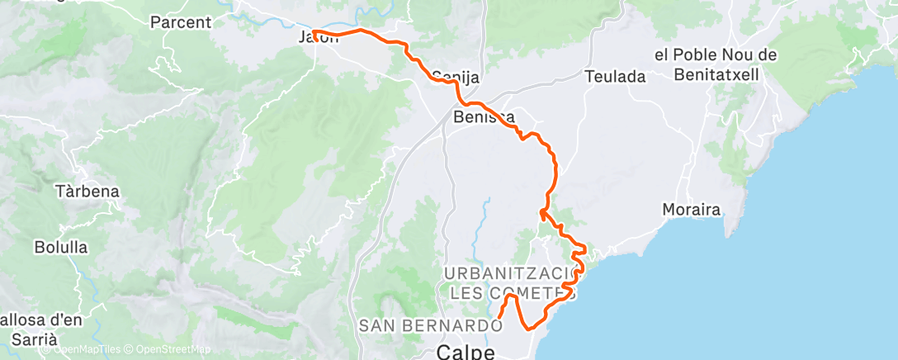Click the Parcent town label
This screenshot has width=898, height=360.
pos(181,22)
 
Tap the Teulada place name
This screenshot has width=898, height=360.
pos(615,77)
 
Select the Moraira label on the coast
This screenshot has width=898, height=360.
pos(692,210)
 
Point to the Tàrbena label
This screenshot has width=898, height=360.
pos(87,192)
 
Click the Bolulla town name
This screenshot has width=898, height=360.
pos(61,246)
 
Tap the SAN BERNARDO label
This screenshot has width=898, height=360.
pos(429,326)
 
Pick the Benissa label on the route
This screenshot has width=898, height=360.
pos(484,117)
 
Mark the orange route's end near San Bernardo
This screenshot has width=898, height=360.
pos(499,315)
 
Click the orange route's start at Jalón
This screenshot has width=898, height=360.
pos(314,32)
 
